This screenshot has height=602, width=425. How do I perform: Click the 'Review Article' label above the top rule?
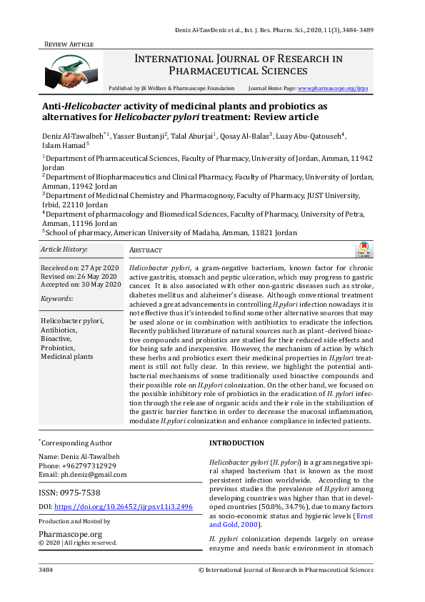[69, 44]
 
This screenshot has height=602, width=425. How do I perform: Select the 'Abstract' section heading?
[146, 250]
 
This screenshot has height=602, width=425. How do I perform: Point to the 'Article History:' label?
[64, 250]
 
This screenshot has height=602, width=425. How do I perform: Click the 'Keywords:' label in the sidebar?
[58, 298]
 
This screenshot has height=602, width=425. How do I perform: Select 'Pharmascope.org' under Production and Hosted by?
[70, 533]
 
